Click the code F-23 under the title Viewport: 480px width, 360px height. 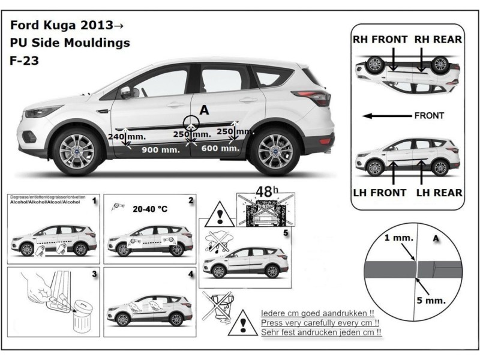[x=23, y=60]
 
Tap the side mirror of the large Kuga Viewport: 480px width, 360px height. [x=127, y=92]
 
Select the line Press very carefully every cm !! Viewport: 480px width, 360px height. [x=322, y=322]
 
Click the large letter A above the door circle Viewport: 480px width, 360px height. [x=205, y=110]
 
